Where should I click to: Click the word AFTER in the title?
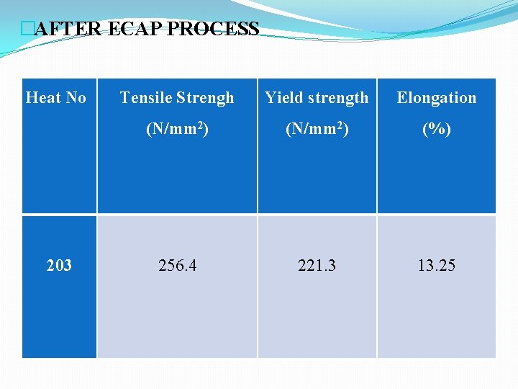point(69,30)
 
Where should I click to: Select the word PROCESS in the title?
point(213,30)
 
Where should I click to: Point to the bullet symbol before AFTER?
point(28,30)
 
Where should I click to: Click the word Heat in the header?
point(42,98)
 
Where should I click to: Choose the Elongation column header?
point(437,98)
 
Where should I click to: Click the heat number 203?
point(59,266)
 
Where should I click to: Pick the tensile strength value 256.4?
point(178,266)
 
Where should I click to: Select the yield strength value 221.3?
point(317,266)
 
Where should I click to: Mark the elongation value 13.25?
point(437,266)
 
